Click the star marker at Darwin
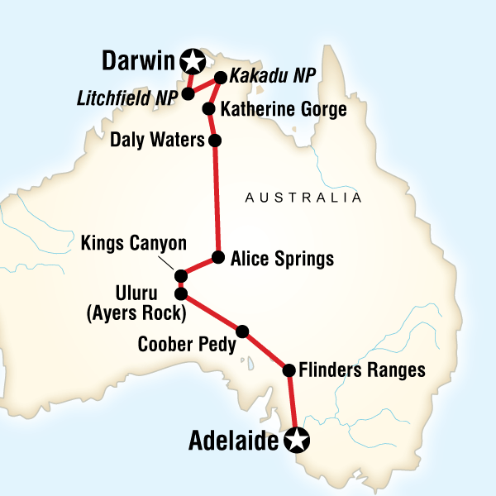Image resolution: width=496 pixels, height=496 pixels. pos(193,60)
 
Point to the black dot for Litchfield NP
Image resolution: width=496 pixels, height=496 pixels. pos(188,93)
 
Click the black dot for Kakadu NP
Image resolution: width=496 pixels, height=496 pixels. pos(221,79)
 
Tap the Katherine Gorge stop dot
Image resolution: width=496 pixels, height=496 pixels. pos(209,108)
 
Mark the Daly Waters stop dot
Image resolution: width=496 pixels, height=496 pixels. pos(215,141)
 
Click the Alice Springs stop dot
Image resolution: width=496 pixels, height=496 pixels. pos(218,257)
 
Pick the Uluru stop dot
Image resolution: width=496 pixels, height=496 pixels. pos(180,293)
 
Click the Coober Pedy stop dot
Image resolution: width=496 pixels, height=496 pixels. pos(242,331)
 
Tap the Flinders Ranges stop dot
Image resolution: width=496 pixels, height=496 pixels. pos(289,370)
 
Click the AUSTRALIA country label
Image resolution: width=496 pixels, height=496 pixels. pos(303,198)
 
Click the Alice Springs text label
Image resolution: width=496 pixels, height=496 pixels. pos(281,259)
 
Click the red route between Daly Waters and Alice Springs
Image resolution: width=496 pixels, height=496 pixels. pos(217,198)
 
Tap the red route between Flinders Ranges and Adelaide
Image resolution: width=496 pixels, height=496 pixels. pos(291,405)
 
